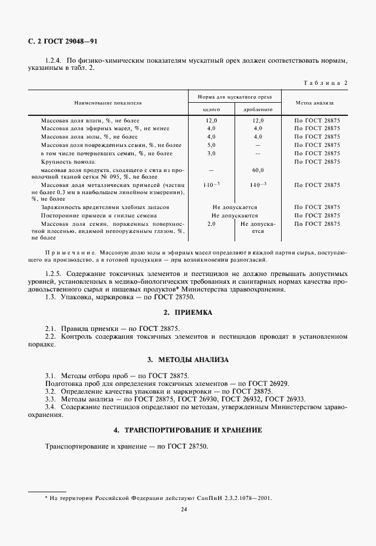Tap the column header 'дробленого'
click(x=258, y=110)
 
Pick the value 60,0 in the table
click(x=258, y=170)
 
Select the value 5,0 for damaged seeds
click(x=211, y=145)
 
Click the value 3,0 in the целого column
click(x=211, y=154)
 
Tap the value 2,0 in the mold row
click(x=211, y=223)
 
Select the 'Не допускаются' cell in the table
click(x=235, y=215)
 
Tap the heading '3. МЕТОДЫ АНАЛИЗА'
click(x=187, y=360)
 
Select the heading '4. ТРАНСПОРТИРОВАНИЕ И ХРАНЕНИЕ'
click(x=187, y=431)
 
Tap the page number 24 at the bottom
click(x=187, y=509)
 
